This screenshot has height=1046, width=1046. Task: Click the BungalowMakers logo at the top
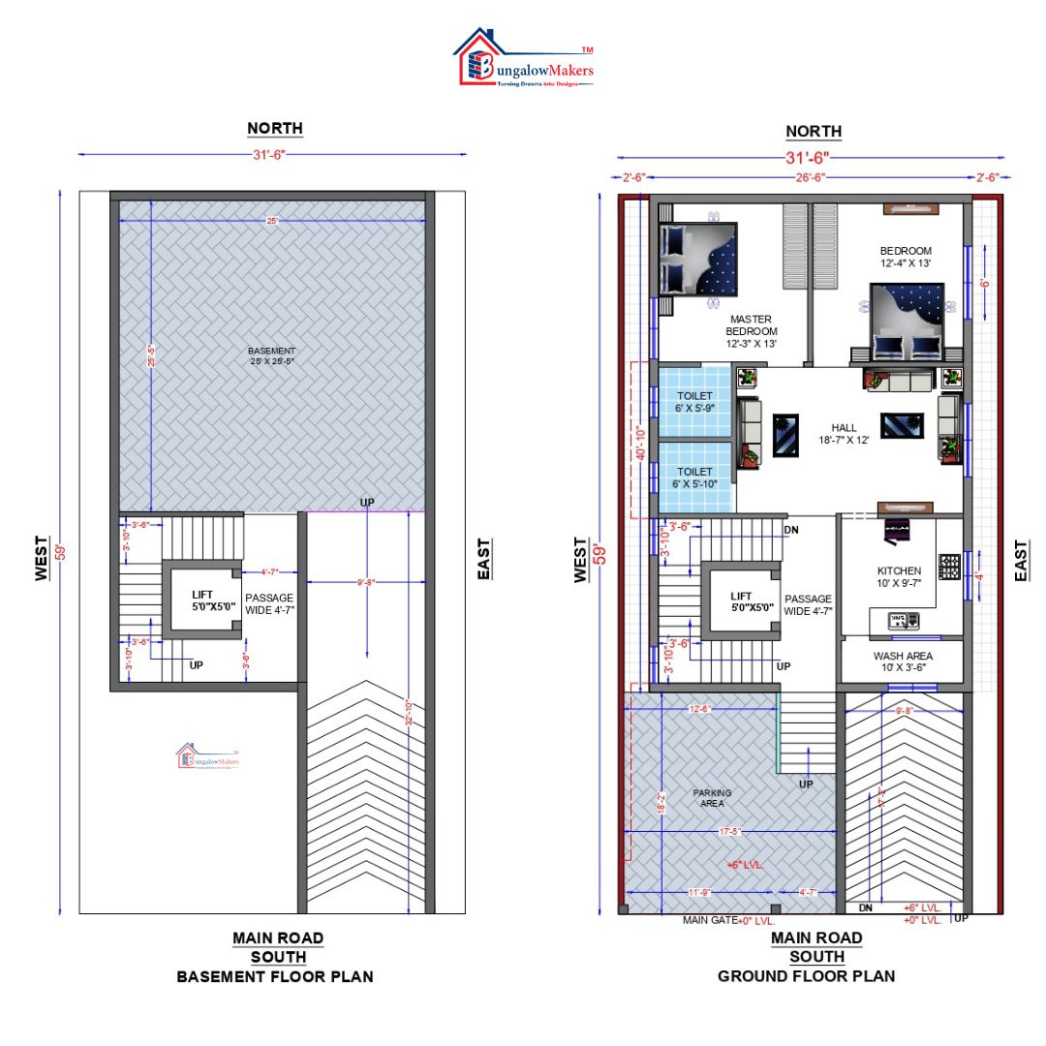tap(526, 60)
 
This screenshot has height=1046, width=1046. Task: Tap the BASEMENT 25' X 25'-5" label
tap(271, 355)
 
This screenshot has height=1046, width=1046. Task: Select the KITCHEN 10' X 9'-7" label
tap(900, 577)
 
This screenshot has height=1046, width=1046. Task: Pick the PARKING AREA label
tap(712, 797)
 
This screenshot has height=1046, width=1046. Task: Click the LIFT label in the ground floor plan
tap(742, 602)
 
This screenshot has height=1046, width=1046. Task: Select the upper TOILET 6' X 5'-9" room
tap(694, 402)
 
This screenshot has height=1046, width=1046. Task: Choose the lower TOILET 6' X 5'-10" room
tap(694, 477)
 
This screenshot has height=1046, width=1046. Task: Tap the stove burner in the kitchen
tap(949, 566)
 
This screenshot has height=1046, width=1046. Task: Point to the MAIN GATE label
tap(710, 920)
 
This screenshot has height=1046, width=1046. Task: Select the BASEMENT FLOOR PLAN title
tap(275, 976)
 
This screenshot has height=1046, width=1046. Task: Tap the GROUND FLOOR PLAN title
tap(806, 976)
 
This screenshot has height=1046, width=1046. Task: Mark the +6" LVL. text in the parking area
tap(745, 864)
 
